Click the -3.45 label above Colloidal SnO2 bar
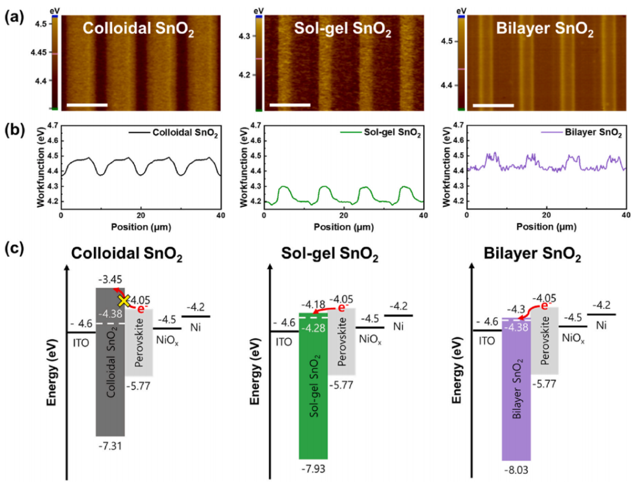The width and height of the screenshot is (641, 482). [108, 277]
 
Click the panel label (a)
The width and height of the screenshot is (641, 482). [12, 17]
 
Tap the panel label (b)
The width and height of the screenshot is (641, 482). [12, 132]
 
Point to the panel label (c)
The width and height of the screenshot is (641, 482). [12, 248]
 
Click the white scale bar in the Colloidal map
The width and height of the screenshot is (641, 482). [87, 105]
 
